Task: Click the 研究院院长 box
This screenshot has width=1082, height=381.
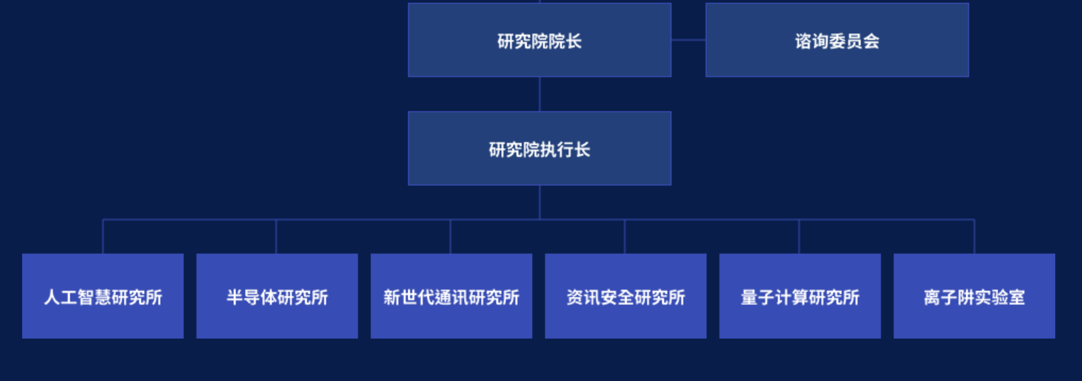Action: [x=540, y=41]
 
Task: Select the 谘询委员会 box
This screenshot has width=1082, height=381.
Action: [x=837, y=41]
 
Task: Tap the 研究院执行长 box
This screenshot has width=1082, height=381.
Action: [x=540, y=149]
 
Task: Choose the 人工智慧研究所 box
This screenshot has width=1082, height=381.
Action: [x=103, y=296]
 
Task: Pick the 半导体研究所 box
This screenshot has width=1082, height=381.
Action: [x=277, y=296]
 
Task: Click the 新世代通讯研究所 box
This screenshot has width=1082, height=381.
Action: [x=452, y=296]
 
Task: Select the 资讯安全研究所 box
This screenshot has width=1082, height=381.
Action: [x=626, y=296]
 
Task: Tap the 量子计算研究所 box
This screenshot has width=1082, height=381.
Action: [x=800, y=296]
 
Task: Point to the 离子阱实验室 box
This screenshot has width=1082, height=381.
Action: [x=975, y=296]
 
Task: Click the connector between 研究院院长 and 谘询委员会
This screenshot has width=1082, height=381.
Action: [x=689, y=40]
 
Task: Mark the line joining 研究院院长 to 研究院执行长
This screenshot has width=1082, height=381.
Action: [x=540, y=94]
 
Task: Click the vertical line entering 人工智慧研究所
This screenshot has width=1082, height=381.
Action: [x=103, y=237]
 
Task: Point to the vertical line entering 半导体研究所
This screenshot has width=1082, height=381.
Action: [x=276, y=237]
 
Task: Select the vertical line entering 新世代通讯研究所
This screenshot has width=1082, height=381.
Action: [x=451, y=237]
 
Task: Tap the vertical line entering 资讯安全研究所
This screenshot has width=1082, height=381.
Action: [x=625, y=237]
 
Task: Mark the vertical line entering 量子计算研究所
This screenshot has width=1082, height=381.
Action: [x=799, y=237]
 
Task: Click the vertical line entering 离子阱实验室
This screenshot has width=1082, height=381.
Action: [x=975, y=237]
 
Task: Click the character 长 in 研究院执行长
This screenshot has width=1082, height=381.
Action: [x=582, y=149]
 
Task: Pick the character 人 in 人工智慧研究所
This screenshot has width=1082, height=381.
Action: [x=52, y=297]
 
